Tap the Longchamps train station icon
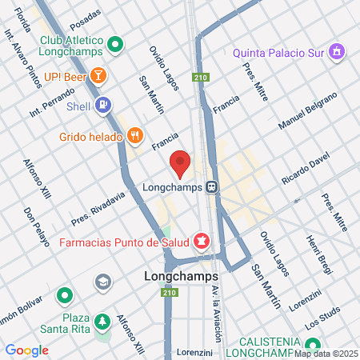[211, 188]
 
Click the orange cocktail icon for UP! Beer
[98, 76]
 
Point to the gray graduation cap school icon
[102, 282]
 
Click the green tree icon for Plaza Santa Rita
[102, 322]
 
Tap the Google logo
[26, 350]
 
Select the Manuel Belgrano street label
[308, 112]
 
